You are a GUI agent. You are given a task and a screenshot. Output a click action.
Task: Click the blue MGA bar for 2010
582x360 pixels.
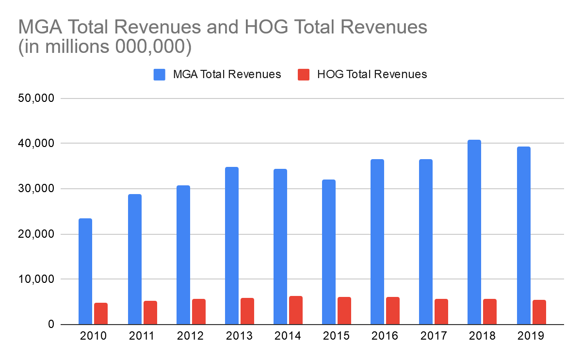tap(85, 271)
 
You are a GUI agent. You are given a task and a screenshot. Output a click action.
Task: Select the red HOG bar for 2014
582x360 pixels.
tap(296, 310)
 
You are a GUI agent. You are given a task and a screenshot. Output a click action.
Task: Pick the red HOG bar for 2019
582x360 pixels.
tap(539, 312)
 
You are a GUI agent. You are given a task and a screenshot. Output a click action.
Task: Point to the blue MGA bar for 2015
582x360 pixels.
tap(329, 252)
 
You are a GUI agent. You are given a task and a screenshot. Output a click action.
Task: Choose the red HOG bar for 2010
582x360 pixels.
tap(101, 313)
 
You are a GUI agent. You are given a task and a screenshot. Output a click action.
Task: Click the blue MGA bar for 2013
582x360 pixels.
tap(232, 245)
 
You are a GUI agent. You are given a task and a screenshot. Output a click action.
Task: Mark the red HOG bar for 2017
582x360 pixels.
tap(441, 311)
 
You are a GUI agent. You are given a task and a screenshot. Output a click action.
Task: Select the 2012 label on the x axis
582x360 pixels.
tap(191, 336)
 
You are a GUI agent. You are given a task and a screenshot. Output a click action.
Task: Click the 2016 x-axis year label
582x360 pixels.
tap(385, 336)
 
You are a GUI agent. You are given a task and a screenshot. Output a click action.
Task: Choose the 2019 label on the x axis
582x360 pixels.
tap(531, 336)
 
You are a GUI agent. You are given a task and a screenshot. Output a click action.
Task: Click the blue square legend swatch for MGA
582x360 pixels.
tap(160, 74)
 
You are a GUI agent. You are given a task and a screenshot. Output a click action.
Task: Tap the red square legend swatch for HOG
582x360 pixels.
tap(304, 74)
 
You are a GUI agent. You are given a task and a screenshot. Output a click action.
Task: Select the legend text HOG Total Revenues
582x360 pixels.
tap(372, 74)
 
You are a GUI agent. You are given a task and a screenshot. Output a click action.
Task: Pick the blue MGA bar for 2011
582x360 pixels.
tap(135, 259)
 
